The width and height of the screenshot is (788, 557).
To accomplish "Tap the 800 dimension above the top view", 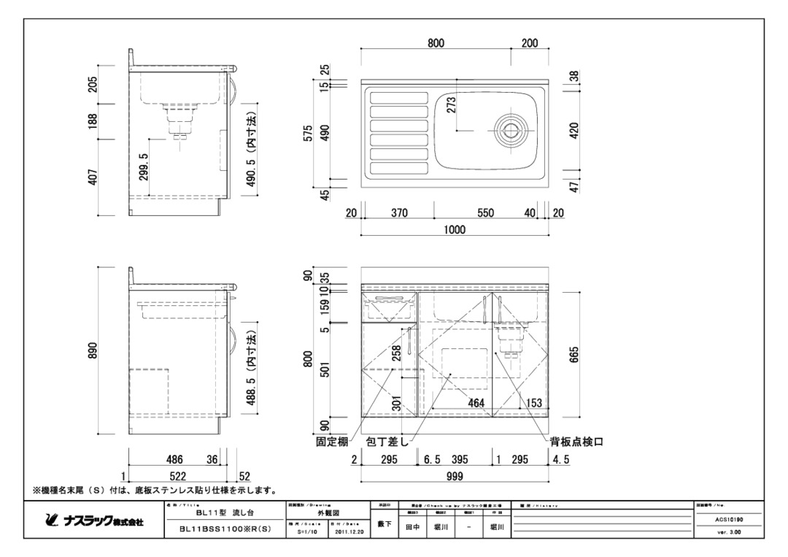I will (x=436, y=43).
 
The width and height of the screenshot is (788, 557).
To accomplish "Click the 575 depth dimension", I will (x=309, y=133).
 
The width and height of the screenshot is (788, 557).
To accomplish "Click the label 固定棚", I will (x=331, y=442).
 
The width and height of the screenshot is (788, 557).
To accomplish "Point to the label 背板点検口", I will (x=576, y=442).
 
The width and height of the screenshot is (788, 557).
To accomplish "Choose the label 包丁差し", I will (x=387, y=442).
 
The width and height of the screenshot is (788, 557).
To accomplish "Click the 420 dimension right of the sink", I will (x=573, y=131).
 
